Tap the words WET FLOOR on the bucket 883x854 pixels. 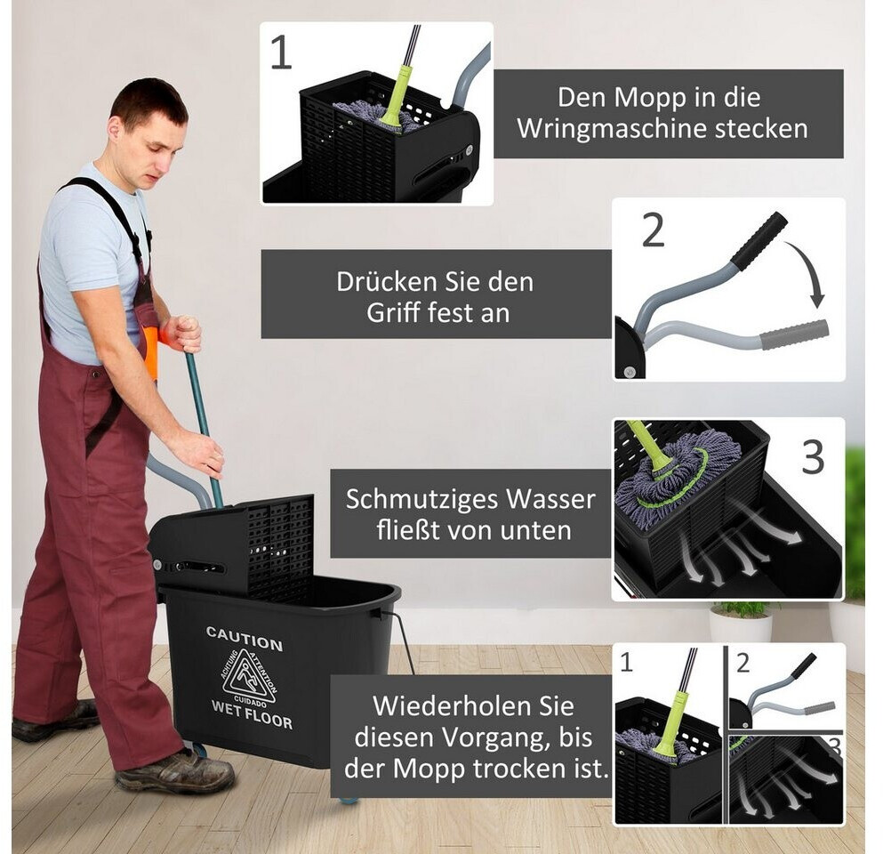(x=252, y=714)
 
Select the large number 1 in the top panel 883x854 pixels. (x=282, y=53)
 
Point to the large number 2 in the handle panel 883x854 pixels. (x=654, y=230)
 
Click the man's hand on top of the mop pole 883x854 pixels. (x=184, y=334)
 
